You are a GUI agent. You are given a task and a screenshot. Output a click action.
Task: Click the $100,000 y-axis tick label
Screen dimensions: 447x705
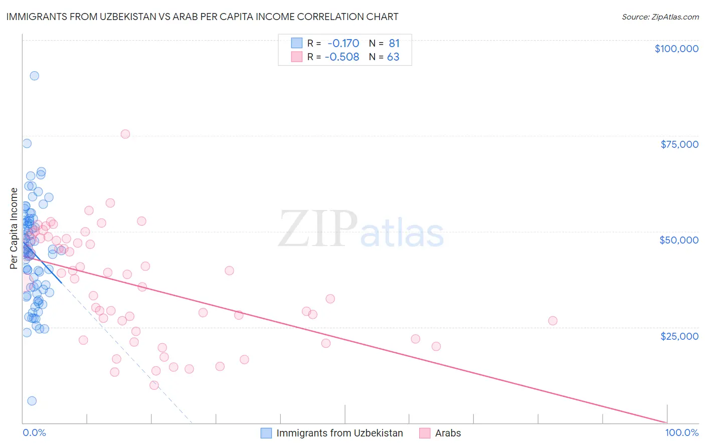676,49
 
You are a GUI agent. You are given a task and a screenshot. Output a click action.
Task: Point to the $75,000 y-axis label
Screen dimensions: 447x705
679,144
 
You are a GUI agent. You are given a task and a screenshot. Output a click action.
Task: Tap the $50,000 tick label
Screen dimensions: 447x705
679,240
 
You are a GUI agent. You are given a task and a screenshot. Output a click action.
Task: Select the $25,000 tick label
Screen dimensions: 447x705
679,336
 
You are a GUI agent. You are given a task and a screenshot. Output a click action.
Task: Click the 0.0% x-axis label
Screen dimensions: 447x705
34,433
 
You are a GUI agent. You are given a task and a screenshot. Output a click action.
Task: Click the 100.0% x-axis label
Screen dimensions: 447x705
681,433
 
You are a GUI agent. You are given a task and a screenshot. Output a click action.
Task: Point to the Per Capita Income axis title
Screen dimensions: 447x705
14,228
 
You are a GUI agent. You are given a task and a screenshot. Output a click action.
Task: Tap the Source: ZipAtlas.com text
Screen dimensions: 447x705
660,17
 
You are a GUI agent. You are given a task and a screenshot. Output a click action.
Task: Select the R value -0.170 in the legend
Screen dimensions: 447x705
343,44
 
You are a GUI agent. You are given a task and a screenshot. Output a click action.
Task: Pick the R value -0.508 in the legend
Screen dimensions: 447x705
342,57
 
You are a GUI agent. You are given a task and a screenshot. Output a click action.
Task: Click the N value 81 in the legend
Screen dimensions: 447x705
394,44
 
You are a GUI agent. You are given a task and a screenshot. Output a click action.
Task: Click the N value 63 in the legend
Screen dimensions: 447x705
393,57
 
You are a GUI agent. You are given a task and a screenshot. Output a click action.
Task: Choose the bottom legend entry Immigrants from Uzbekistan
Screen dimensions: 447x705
339,433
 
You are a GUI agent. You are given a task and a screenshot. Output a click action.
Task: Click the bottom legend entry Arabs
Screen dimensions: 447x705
447,433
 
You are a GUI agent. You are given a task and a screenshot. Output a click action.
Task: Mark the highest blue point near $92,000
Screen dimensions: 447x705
34,76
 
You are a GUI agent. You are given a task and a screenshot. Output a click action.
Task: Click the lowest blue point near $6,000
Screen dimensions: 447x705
32,401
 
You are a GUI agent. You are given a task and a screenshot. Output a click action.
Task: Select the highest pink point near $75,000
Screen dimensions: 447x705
125,134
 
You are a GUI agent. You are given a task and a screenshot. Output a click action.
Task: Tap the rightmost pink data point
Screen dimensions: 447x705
553,321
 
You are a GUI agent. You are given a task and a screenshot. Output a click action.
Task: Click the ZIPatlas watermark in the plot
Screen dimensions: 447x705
361,230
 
